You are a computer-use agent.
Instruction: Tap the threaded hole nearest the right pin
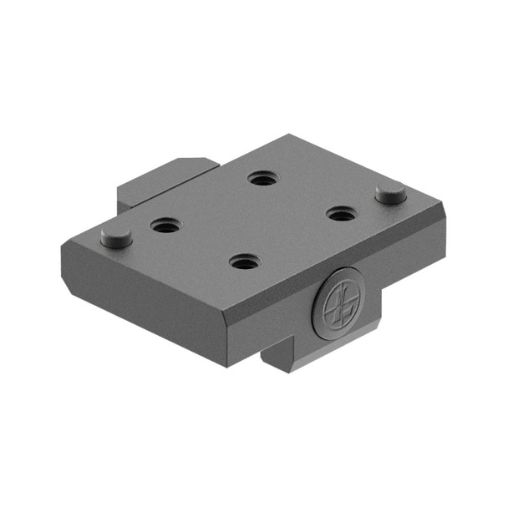[x=339, y=214]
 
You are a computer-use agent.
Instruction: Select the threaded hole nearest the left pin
[x=165, y=225]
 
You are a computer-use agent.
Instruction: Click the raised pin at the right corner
[x=391, y=194]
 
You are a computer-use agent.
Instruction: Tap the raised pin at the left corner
[x=116, y=236]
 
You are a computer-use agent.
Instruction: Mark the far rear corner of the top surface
[x=288, y=135]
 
